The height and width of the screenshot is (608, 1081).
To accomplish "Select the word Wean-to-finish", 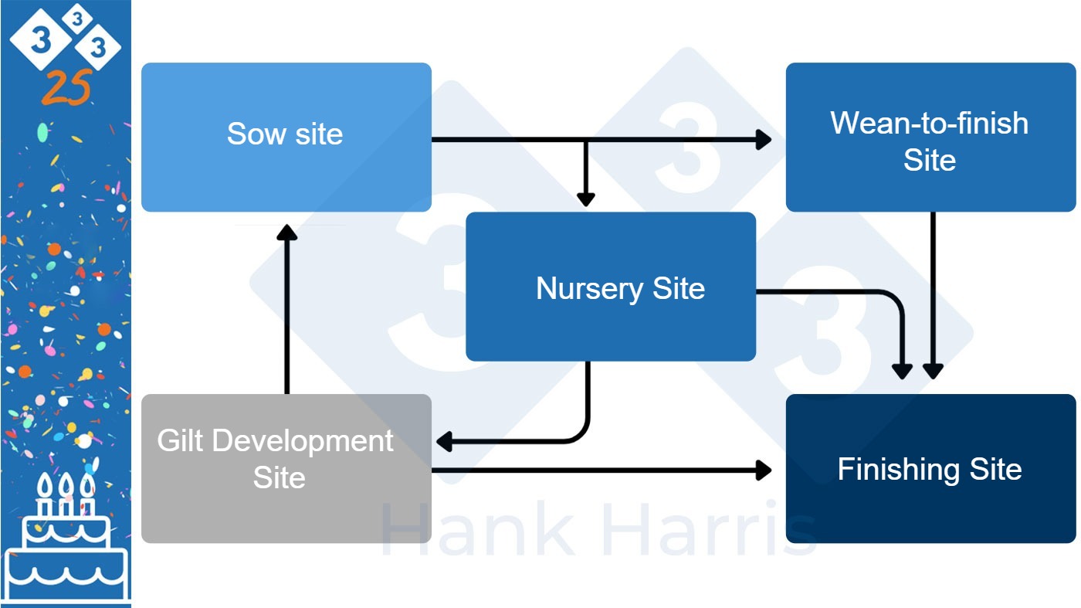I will click(929, 124).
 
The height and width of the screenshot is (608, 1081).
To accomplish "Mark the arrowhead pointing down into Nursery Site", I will click(586, 198).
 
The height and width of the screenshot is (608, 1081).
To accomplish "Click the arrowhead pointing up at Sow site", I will click(286, 232).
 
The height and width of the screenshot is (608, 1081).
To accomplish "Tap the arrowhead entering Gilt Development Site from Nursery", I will click(445, 442).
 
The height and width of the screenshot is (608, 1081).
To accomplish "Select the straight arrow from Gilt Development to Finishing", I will click(602, 470).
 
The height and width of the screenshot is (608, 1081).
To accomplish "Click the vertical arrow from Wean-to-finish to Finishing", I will click(933, 294).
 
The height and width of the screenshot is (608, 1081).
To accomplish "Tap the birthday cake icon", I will click(66, 541).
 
